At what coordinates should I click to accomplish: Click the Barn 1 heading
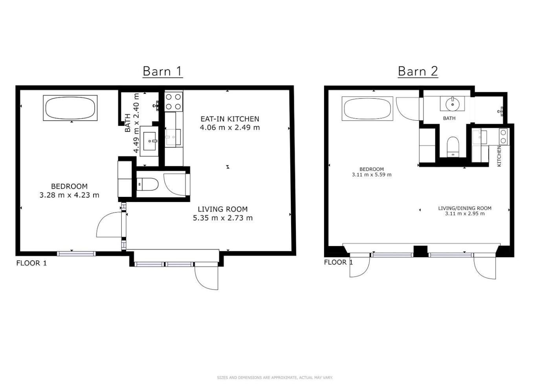coord(163,72)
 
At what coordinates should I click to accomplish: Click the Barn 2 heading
coord(418,72)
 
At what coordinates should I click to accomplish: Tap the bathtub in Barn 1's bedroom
coord(70,108)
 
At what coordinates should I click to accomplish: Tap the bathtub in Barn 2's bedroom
coord(367,108)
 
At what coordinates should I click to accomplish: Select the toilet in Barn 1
coord(147,184)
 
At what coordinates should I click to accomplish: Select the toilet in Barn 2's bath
coord(453,147)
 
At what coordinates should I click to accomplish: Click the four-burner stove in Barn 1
coord(174,102)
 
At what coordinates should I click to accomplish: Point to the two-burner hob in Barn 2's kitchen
coord(503,136)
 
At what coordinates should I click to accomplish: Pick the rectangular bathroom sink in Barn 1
coord(149,141)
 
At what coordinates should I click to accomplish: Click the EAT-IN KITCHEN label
coord(230,119)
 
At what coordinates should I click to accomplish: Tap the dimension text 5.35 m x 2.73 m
coord(223,218)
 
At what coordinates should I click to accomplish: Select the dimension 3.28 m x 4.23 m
coord(70,195)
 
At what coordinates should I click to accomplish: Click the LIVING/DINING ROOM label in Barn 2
coord(465,208)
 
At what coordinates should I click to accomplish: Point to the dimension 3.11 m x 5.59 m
coord(372,174)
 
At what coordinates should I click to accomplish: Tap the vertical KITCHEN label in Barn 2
coord(499,156)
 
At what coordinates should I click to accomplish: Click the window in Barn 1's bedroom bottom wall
coord(76,254)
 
